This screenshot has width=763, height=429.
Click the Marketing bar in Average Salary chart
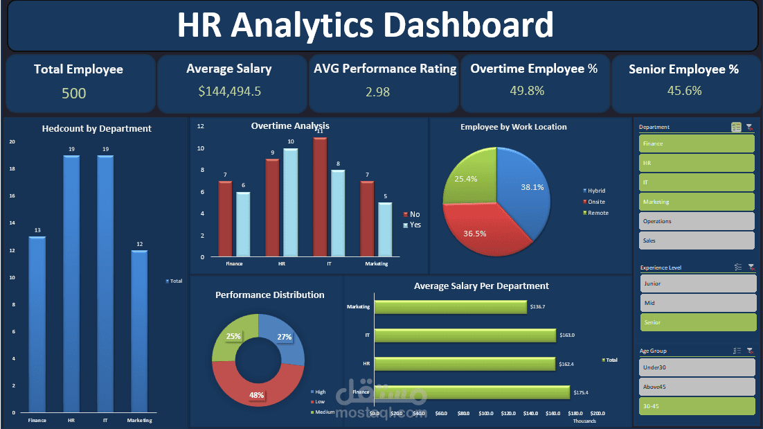click(451, 306)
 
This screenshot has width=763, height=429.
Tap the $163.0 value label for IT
click(568, 335)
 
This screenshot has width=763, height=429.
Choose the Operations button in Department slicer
click(697, 221)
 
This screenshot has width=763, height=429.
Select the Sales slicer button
click(697, 240)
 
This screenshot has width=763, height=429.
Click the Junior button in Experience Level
click(697, 283)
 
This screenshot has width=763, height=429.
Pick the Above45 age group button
click(697, 387)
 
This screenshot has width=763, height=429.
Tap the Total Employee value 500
click(74, 93)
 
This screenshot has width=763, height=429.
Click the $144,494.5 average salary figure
click(229, 91)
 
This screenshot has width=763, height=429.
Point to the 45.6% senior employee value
click(684, 91)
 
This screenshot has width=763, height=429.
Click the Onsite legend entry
click(596, 201)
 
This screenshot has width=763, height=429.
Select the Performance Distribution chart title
click(269, 295)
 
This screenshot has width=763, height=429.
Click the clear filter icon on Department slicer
click(749, 128)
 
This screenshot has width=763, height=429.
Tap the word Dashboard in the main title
click(468, 26)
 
